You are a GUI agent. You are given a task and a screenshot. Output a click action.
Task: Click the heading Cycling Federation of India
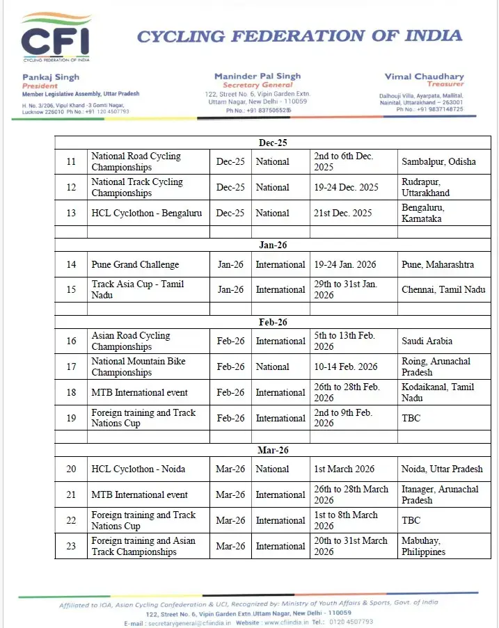pos(299,36)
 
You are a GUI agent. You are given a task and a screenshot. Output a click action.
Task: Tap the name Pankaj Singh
pos(51,77)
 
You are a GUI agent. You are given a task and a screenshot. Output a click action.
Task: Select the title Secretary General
pos(258,85)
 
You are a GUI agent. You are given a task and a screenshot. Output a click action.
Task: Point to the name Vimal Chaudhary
pos(424,77)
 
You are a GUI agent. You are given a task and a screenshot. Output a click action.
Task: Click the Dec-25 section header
pos(272,143)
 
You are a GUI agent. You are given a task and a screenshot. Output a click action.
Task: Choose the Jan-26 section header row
pos(272,245)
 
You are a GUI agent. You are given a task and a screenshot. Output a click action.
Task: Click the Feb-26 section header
pos(272,323)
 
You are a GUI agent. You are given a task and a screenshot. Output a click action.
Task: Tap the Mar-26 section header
pos(272,451)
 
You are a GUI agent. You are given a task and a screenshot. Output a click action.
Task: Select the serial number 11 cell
pos(71,162)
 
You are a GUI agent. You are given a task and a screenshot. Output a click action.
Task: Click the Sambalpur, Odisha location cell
pos(438,162)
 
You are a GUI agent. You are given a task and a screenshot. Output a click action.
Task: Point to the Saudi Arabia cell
pos(427,341)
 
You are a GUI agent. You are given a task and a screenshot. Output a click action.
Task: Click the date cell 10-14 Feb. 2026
pos(346,367)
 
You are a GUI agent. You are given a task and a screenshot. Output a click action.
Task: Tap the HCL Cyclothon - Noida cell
pos(138,469)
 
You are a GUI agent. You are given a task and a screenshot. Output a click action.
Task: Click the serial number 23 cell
pos(71,546)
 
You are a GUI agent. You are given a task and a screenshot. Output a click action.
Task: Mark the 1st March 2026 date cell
pos(344,469)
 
